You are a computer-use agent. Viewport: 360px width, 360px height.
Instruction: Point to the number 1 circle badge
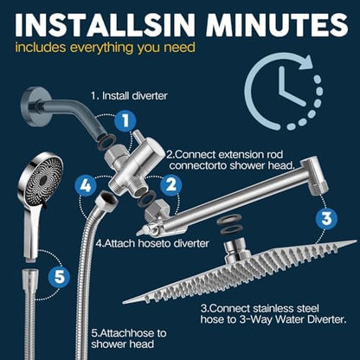point(126,120)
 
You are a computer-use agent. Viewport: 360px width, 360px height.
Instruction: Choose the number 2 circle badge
point(170,183)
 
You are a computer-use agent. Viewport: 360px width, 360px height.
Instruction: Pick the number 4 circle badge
point(84,183)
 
